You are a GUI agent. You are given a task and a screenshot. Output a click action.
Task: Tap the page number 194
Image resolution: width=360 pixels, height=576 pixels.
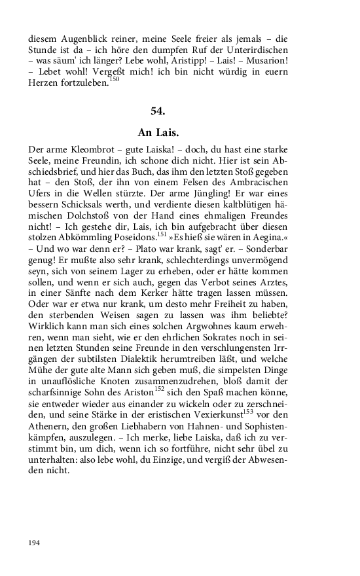(x=35, y=543)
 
